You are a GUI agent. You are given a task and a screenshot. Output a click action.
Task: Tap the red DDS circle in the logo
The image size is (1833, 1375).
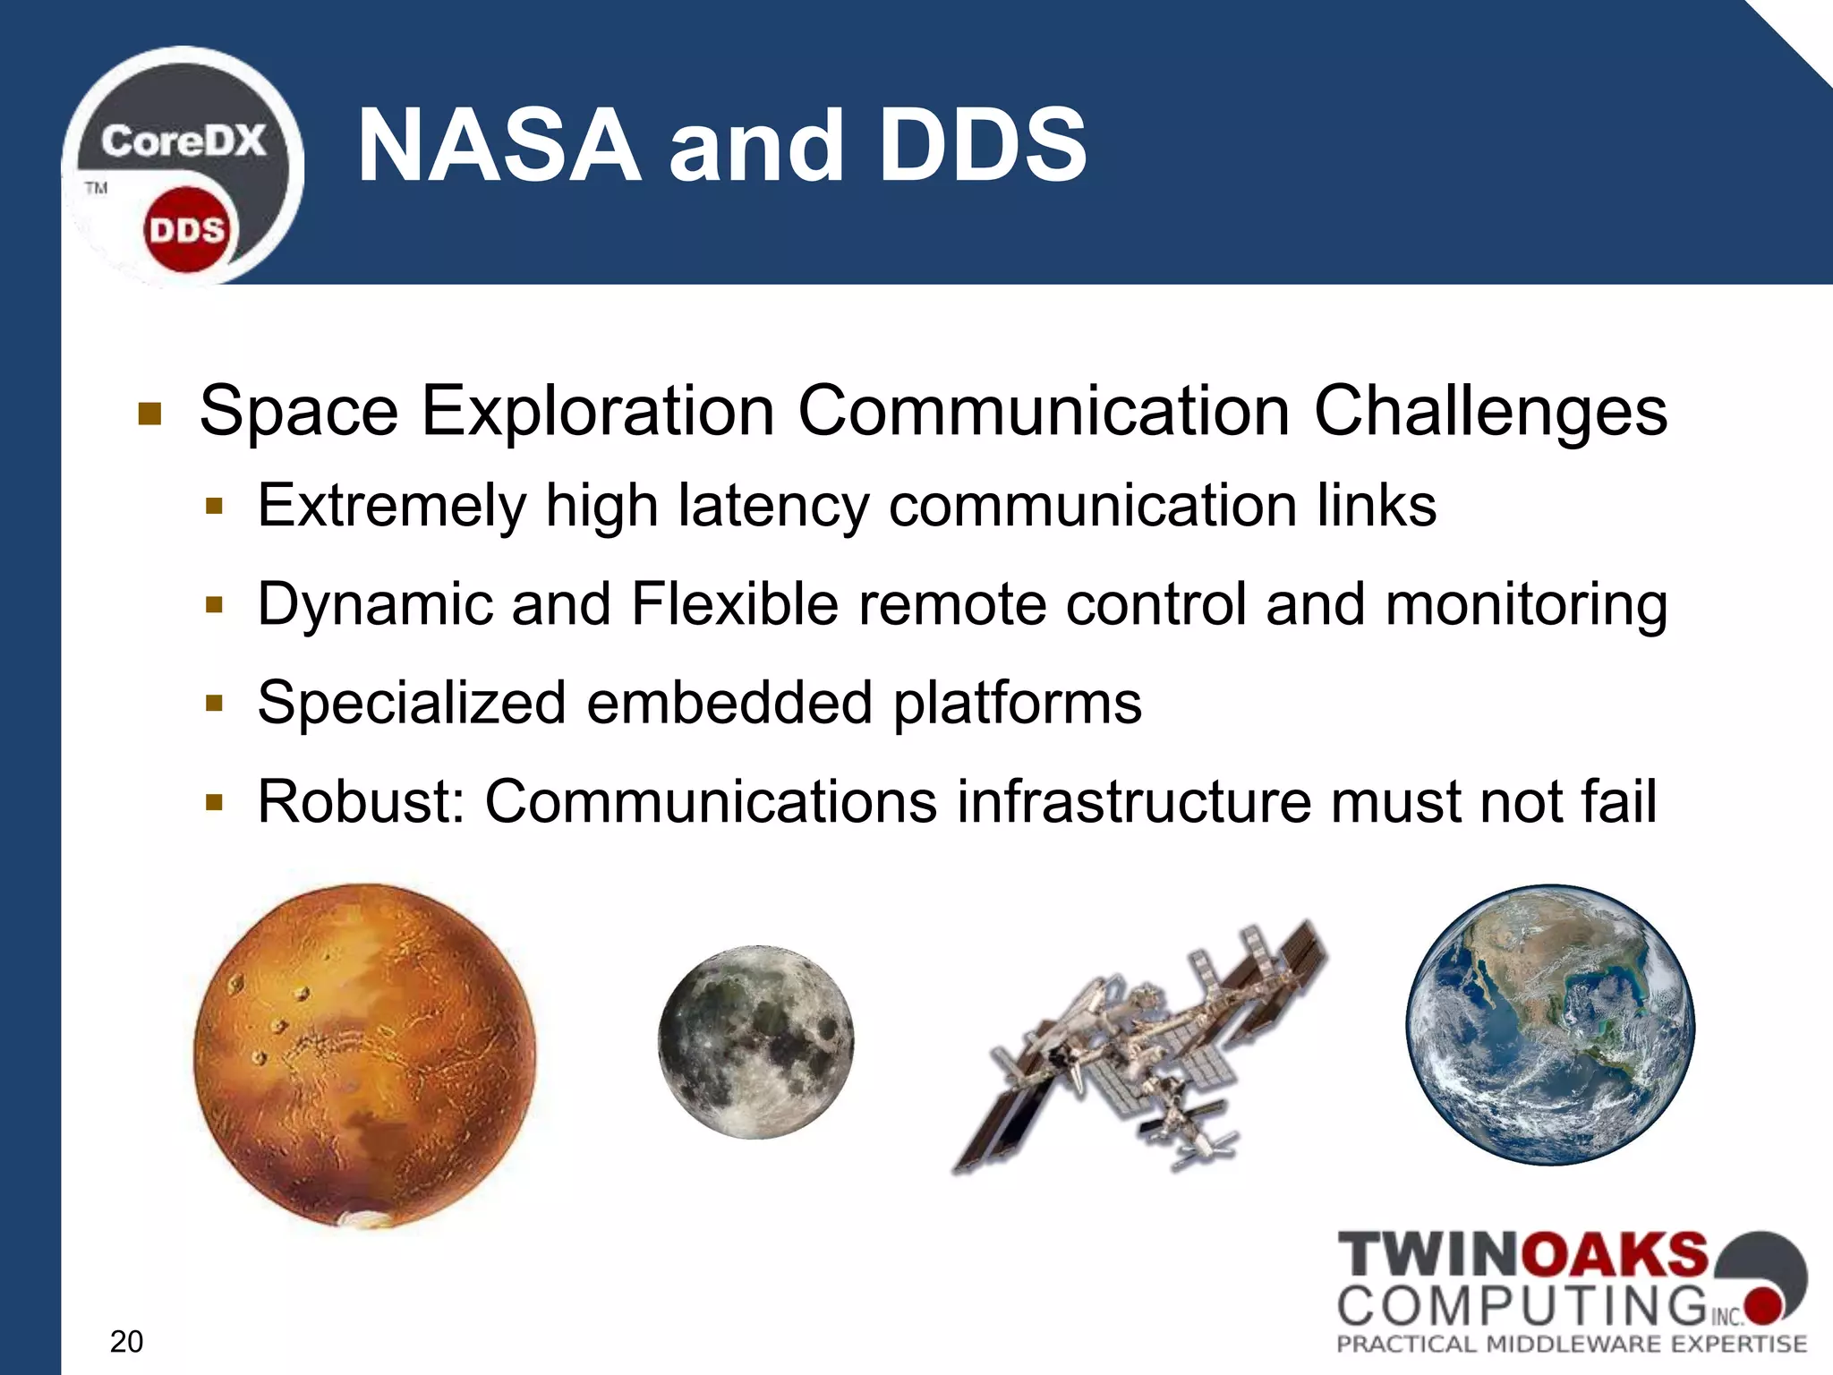(x=186, y=230)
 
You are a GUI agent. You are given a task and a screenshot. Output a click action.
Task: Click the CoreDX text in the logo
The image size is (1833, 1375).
(x=183, y=141)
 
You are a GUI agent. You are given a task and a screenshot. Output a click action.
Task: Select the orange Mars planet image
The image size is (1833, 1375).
(x=364, y=1056)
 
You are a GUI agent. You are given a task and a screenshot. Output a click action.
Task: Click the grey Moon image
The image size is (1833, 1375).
(x=756, y=1042)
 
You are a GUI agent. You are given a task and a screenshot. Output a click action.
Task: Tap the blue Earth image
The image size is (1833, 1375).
(x=1550, y=1025)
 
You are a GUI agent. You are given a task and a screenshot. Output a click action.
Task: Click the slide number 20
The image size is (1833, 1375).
(x=126, y=1341)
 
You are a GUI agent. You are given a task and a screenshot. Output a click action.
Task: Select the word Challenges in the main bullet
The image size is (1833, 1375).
(x=1490, y=411)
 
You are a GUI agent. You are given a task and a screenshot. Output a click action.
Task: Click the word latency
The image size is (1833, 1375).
(x=772, y=506)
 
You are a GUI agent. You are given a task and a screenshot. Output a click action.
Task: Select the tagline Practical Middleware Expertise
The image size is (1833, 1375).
(x=1571, y=1344)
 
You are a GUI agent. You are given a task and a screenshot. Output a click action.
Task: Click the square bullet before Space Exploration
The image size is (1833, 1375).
(x=149, y=414)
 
